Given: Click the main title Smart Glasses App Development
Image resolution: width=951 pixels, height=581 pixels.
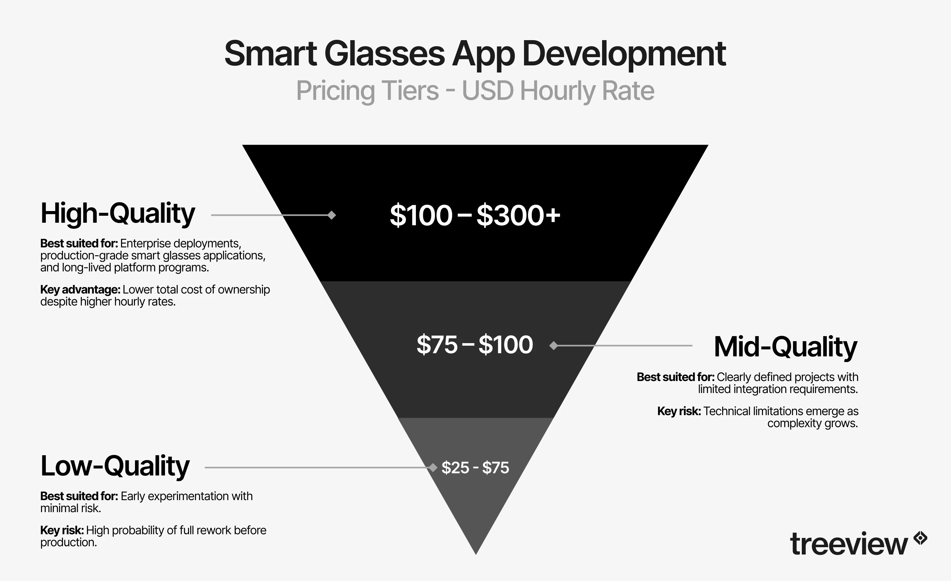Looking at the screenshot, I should [x=475, y=54].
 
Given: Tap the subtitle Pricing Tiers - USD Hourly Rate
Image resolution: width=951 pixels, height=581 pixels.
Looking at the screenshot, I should [x=475, y=91].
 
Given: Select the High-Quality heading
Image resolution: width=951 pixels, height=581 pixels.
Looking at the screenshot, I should [x=118, y=213].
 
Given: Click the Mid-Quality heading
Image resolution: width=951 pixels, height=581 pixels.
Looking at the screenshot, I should [x=785, y=347].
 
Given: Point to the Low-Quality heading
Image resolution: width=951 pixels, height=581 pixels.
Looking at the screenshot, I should [x=115, y=466].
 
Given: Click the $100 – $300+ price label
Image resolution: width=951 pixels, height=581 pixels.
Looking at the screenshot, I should [x=475, y=215].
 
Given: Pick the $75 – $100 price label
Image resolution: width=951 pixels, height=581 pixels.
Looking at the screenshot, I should [x=475, y=344].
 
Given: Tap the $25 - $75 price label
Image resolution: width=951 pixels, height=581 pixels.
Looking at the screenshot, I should [x=475, y=468].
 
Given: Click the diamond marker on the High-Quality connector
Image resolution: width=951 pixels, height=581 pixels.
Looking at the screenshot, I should [x=332, y=215].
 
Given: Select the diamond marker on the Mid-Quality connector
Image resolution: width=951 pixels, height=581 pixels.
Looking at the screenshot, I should [x=554, y=345].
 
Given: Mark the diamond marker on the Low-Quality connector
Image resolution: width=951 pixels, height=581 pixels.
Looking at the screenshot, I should [x=433, y=468].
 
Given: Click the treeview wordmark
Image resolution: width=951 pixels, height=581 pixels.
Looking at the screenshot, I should [x=848, y=544].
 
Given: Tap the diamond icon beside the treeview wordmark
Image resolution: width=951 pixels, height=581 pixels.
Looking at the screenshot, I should [x=921, y=538].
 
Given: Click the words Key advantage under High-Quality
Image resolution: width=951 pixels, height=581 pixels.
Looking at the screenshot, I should [x=80, y=289].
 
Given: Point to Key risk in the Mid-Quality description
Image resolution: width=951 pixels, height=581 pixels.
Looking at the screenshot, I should [x=679, y=411].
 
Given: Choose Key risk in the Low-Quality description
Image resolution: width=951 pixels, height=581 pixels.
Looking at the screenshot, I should [x=62, y=530].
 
